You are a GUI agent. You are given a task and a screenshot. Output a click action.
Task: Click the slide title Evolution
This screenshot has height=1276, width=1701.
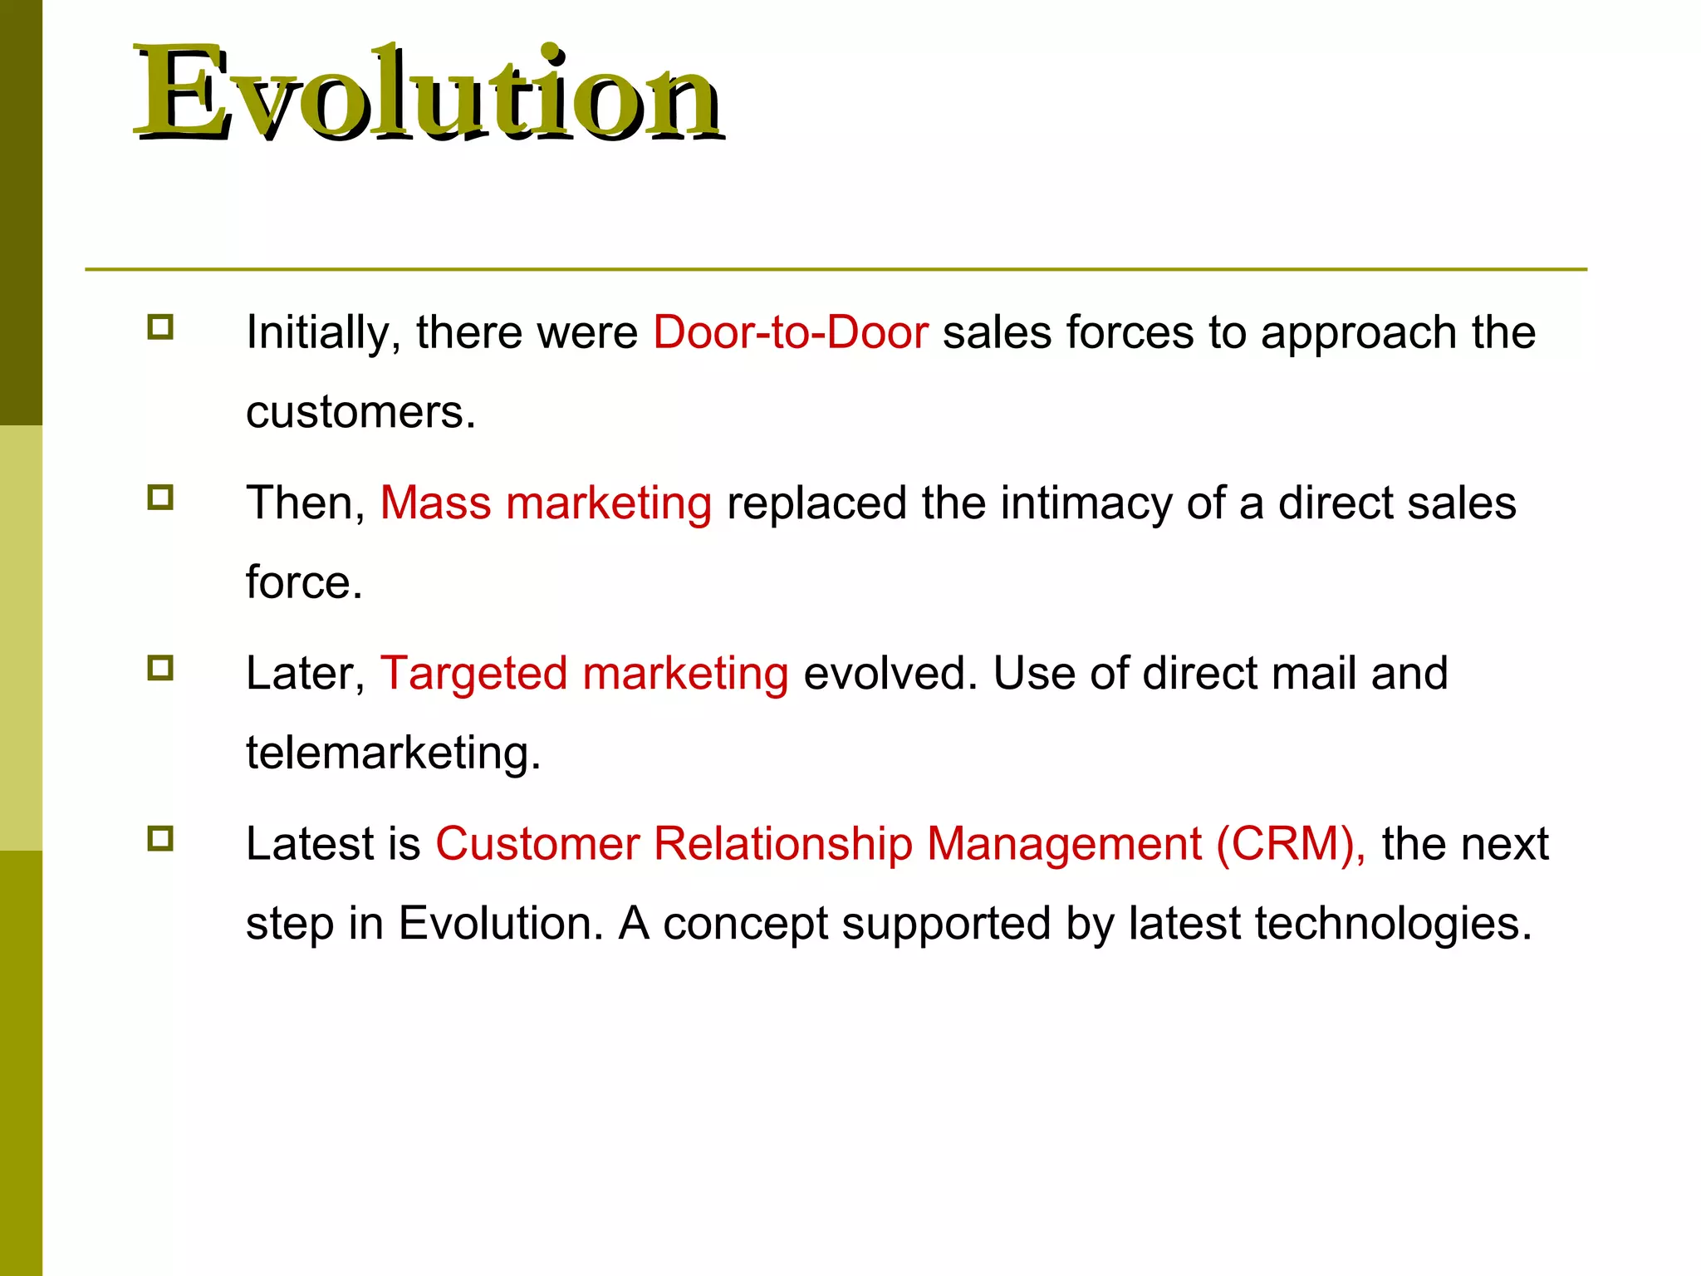428,93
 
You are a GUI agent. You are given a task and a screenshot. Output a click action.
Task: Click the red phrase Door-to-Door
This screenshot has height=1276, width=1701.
790,332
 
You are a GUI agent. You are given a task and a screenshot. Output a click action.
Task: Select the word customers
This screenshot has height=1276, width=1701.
360,412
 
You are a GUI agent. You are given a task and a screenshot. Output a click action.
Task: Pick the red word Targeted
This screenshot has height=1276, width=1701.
474,674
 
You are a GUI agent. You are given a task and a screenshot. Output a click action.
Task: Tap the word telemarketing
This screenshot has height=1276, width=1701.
392,753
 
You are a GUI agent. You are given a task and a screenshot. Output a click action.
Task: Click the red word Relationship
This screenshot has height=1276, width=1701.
782,844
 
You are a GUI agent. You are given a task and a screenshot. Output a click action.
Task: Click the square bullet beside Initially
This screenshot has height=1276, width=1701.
160,326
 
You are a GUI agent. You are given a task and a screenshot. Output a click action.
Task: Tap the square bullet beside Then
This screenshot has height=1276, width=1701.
160,498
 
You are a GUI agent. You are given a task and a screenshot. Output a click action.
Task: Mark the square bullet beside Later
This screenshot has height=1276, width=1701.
160,668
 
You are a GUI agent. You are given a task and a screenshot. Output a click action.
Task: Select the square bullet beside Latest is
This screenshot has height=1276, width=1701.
160,838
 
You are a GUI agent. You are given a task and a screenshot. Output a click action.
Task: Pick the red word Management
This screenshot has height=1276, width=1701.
1064,844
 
